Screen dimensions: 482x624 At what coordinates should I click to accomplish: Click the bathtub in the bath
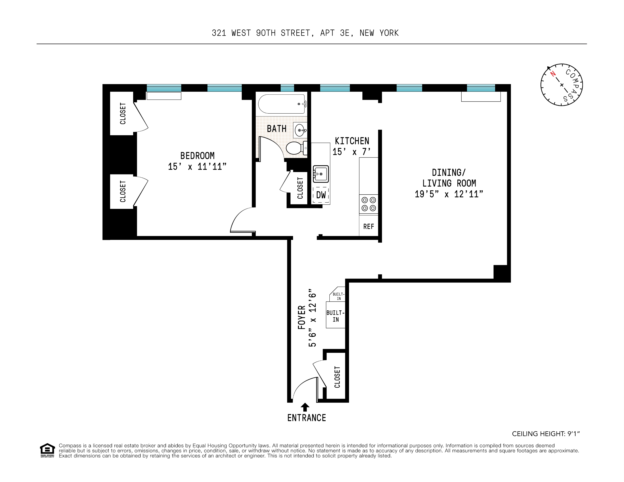[x=281, y=104]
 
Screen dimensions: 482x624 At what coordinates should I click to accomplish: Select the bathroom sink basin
[x=300, y=130]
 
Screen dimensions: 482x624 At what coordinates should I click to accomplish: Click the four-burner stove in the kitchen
[x=369, y=204]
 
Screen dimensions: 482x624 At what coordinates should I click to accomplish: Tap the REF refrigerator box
[x=369, y=226]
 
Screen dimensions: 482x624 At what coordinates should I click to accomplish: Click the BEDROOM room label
[x=197, y=156]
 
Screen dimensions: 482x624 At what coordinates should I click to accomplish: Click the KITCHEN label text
[x=352, y=141]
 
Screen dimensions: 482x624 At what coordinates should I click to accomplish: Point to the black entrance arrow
[x=305, y=407]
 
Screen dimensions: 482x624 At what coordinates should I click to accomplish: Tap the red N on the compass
[x=553, y=74]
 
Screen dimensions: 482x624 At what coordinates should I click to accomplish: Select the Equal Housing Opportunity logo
[x=47, y=450]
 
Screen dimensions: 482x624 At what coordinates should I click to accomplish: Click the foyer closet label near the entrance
[x=337, y=377]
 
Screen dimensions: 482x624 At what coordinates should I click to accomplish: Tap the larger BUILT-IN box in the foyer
[x=335, y=316]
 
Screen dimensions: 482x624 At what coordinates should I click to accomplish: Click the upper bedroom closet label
[x=123, y=114]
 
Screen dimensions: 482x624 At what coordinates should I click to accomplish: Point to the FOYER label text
[x=302, y=317]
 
